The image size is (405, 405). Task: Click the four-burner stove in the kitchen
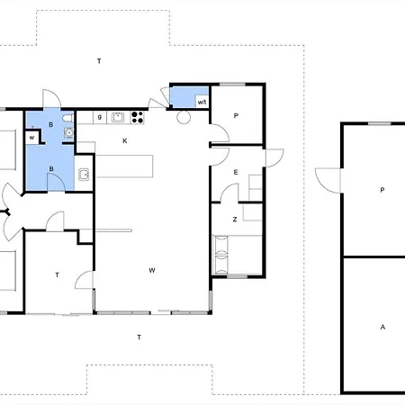point(138,117)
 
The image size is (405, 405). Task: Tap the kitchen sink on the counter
point(118,117)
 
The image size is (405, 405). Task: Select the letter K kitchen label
point(125,140)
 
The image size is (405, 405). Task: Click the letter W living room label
point(152,270)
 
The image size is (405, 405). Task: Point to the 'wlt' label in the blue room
point(202,102)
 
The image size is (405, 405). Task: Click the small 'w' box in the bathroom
point(32,138)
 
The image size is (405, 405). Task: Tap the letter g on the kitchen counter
point(100,117)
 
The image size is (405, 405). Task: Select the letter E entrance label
point(236,172)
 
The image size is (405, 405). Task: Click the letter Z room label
point(235,220)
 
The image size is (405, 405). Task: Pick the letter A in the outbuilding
point(382,327)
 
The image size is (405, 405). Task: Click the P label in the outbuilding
point(382,190)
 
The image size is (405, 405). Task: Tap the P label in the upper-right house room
point(236,115)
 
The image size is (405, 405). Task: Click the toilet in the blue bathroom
point(68,118)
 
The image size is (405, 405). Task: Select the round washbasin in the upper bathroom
point(69,132)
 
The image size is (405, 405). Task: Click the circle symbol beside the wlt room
point(184,117)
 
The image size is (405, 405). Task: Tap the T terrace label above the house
point(99,61)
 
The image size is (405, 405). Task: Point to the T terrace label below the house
point(139,337)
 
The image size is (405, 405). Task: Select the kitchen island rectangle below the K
point(124,166)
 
